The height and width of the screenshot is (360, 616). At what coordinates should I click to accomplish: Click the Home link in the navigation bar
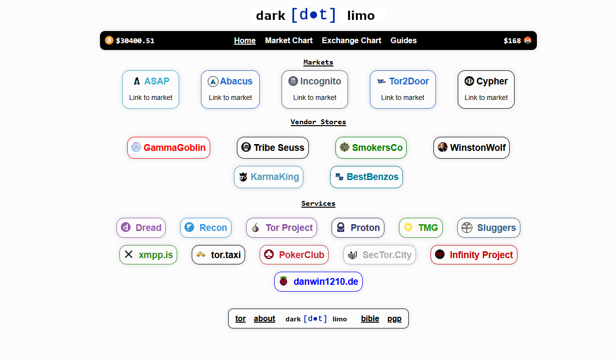pos(245,41)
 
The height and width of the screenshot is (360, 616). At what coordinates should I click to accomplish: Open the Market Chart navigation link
pos(289,41)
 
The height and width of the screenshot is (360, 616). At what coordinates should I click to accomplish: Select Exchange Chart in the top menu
pos(351,41)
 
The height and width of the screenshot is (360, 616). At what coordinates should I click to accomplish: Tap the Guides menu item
pos(403,41)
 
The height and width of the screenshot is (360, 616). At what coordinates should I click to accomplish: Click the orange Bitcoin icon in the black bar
pos(109,40)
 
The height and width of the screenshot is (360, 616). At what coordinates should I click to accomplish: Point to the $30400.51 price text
pos(135,41)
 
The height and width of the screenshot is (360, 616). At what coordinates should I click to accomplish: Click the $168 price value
pos(512,41)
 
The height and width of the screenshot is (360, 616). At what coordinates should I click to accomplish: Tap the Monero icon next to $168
pos(528,40)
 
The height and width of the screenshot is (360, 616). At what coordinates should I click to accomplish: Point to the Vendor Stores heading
pos(318,122)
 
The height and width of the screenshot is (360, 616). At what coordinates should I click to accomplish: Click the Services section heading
pos(318,203)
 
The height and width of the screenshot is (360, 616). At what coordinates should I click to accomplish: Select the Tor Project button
pos(282,228)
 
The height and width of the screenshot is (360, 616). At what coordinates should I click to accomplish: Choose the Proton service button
pos(358,228)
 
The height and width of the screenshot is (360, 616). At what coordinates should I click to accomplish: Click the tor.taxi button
pos(218,255)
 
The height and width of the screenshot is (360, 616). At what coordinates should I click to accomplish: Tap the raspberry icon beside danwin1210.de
pos(283,281)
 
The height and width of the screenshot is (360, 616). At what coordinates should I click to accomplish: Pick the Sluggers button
pos(488,228)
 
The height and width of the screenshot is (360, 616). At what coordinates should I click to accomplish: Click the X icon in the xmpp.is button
pos(129,254)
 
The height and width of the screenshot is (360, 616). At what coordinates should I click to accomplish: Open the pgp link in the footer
pos(394,319)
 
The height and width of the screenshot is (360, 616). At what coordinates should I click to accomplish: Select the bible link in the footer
pos(370,319)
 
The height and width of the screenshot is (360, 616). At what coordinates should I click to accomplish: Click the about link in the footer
pos(265,319)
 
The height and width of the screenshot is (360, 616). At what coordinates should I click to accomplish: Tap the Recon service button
pos(206,228)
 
